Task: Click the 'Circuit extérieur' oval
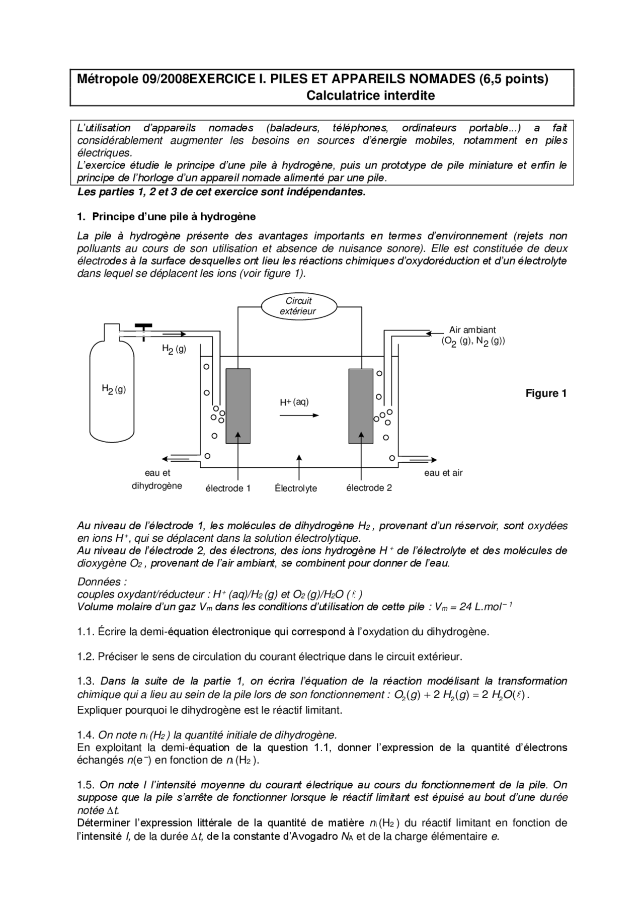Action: click(298, 306)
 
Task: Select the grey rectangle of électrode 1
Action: click(238, 406)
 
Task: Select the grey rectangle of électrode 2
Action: click(361, 406)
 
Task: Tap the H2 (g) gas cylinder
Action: click(112, 397)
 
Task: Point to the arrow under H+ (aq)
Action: click(299, 415)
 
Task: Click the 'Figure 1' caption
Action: click(546, 393)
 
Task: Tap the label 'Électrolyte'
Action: click(296, 488)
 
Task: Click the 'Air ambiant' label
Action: click(472, 330)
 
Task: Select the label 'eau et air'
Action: click(443, 473)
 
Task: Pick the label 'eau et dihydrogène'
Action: click(157, 479)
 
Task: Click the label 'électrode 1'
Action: click(228, 488)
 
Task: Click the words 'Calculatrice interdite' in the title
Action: click(371, 96)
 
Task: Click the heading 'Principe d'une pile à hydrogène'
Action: click(174, 217)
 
